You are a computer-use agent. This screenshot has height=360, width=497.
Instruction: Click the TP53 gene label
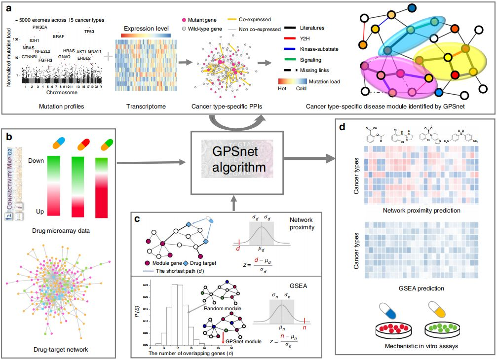(89, 31)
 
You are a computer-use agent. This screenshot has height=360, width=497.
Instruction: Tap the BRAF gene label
(58, 36)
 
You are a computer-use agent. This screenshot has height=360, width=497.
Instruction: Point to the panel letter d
(342, 127)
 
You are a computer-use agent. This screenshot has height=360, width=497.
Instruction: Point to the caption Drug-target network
(58, 349)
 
